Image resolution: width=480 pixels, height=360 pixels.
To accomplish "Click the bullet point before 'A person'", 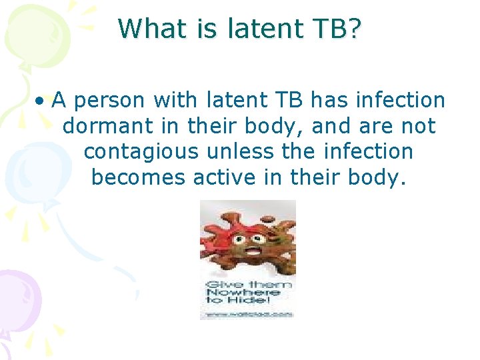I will coord(41,101).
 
